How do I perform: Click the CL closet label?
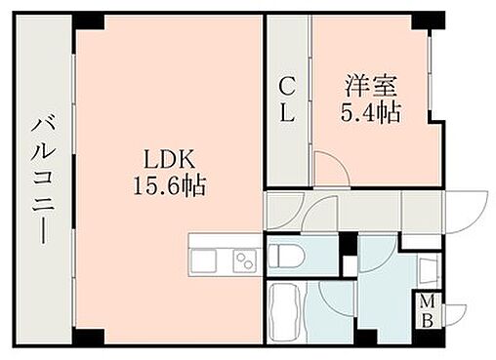tap(287, 99)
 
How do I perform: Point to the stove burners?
tap(242, 261)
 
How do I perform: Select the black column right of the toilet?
tap(347, 245)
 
